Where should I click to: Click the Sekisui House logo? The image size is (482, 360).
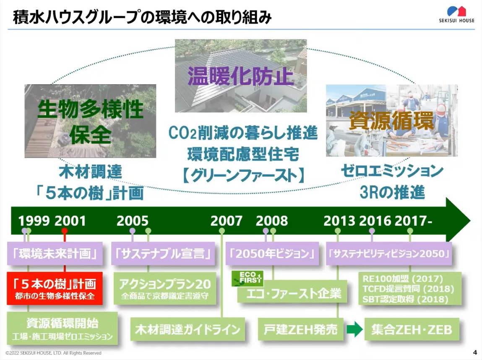tap(456, 14)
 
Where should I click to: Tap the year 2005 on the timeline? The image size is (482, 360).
tap(133, 221)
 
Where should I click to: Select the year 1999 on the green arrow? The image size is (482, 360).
tap(34, 221)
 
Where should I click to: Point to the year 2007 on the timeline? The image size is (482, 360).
tap(226, 221)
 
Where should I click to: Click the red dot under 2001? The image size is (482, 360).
tap(64, 231)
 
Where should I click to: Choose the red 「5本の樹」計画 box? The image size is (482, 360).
tap(55, 288)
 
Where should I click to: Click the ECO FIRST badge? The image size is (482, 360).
tap(247, 278)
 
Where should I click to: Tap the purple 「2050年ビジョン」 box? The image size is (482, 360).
tap(272, 254)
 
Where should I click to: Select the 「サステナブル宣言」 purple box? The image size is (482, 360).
tap(163, 254)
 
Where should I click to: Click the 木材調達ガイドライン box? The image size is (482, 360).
tap(188, 329)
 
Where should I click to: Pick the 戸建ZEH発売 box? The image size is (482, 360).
tap(301, 329)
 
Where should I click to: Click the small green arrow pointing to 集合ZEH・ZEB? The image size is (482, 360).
tap(354, 329)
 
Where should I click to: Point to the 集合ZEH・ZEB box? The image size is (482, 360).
tap(412, 329)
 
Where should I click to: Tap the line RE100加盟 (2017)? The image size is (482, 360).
tap(403, 279)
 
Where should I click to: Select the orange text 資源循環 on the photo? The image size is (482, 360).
tap(391, 120)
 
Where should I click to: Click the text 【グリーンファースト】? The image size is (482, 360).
tap(243, 176)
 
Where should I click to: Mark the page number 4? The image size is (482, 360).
tap(475, 352)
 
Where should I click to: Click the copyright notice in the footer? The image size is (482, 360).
tap(54, 353)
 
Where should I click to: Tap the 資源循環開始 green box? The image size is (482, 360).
tap(63, 329)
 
